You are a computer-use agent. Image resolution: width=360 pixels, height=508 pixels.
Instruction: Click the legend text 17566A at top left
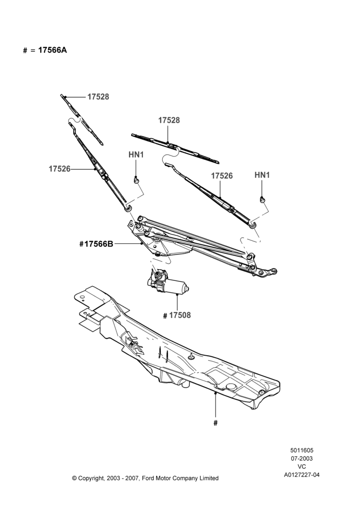52,50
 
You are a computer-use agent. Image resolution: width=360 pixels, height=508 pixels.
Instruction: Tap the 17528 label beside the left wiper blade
98,97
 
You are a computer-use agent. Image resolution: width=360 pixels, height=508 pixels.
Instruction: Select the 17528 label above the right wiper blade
169,120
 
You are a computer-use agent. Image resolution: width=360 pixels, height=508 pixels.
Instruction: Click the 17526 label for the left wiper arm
59,169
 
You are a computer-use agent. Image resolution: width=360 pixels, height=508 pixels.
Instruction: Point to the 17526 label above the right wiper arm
222,176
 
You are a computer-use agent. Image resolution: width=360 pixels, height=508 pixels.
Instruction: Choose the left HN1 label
136,155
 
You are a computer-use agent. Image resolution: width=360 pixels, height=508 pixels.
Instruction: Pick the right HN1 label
262,175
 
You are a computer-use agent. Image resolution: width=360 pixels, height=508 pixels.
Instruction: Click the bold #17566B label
96,244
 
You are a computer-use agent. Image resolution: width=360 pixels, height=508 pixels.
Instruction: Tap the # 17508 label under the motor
177,315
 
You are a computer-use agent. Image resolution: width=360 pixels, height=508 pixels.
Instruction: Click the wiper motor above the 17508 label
167,282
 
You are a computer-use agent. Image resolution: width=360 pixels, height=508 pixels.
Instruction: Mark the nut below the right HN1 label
262,200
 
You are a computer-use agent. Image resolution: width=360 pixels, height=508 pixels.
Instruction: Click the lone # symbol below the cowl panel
216,423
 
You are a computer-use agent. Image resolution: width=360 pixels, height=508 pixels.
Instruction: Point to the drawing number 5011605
302,450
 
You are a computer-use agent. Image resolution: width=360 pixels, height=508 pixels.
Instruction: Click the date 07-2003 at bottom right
302,458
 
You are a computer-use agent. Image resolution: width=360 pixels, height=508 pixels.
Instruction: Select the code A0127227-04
302,475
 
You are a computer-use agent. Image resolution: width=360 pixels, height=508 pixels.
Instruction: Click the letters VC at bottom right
302,467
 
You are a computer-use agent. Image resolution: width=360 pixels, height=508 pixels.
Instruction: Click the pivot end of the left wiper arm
128,208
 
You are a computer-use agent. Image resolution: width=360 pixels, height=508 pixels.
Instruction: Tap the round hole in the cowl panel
231,386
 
